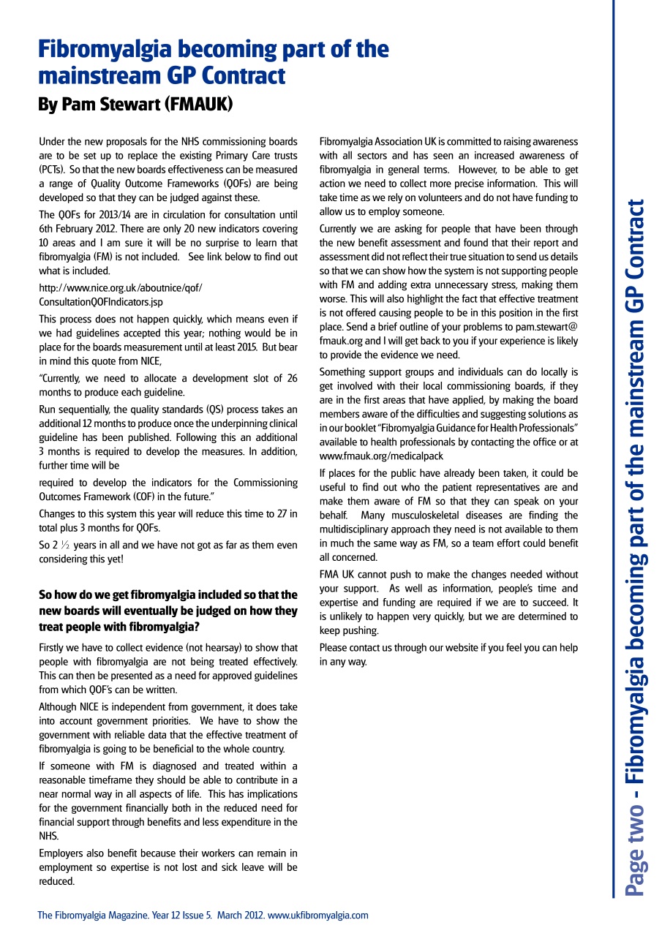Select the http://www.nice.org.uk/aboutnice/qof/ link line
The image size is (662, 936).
(121, 287)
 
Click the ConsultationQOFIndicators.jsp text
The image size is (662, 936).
(101, 301)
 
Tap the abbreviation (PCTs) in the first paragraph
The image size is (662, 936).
(52, 169)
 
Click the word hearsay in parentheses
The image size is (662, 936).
(220, 647)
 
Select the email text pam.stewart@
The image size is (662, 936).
(542, 327)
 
